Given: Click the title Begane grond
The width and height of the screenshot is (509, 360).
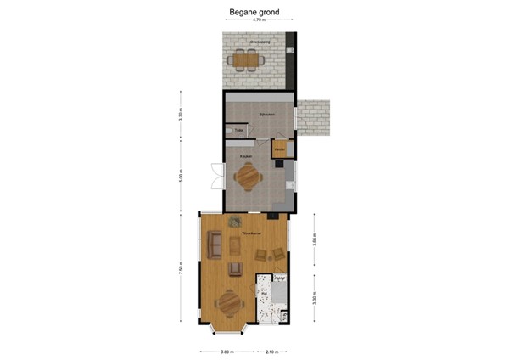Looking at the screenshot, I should (255, 13).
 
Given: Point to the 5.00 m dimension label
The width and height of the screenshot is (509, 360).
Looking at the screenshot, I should (181, 180).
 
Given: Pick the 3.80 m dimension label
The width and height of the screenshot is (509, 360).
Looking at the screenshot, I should (226, 351).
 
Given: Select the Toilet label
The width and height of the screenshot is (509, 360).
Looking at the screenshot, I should (239, 130).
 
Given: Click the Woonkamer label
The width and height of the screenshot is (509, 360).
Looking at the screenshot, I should (250, 231).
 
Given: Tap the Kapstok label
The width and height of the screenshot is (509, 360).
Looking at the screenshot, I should (279, 277).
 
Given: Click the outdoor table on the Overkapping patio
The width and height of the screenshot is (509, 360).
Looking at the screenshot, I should (246, 59).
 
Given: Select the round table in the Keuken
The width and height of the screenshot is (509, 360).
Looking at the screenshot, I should (248, 177).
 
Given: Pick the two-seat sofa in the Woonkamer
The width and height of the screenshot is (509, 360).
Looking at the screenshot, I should (215, 246).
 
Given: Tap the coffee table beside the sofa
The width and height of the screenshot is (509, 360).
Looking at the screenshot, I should (234, 245).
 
